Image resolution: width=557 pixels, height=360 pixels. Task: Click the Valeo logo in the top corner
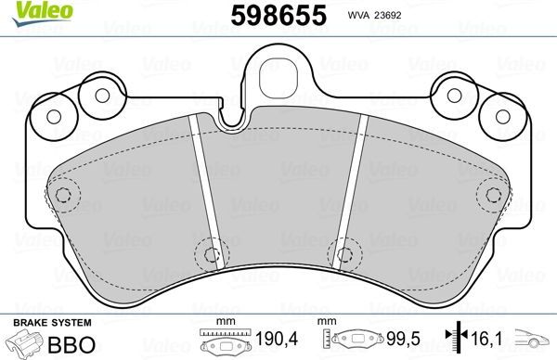[29, 10]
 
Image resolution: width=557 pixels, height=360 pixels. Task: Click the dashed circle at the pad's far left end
[63, 195]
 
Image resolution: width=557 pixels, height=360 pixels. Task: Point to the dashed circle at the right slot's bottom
[344, 251]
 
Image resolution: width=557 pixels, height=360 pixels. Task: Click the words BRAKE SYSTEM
[51, 321]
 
